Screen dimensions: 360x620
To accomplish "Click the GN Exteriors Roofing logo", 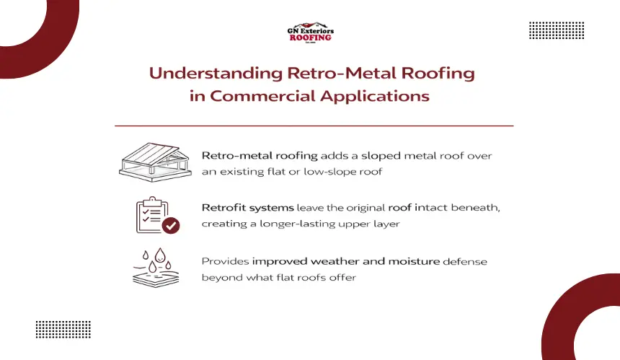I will pos(310,33).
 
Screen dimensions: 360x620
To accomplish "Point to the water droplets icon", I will pos(155,267).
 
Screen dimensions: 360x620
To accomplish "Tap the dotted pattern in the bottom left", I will pos(63,330).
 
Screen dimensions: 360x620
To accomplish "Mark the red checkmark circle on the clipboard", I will pos(171,226).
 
